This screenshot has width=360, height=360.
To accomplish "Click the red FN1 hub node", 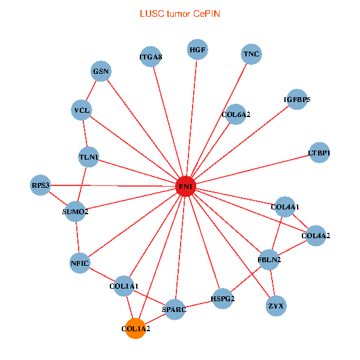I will pos(186,187).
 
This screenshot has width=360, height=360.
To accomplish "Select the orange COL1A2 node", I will pos(136,329).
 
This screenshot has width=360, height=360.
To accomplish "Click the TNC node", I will pos(251,55).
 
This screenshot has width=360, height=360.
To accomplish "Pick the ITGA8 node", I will pos(151,57).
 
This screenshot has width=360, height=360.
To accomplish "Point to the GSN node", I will pos(101,71).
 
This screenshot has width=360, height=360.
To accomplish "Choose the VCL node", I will pos(81,110).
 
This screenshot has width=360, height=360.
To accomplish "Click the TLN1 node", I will pos(89,158).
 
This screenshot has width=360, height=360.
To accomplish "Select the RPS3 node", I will pos(41,185).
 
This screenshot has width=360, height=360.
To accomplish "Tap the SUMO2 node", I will pos(76,211).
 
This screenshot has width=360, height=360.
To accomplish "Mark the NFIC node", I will pos(80,263).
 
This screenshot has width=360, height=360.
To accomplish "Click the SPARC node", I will pos(175,310).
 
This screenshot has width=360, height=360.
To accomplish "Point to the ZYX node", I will pos(275,306).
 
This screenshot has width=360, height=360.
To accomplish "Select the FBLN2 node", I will pos(269,260).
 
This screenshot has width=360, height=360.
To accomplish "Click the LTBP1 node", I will pos(319,153).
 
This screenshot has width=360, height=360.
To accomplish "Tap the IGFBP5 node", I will pos(297,100).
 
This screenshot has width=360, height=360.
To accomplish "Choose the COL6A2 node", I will pos(236,114).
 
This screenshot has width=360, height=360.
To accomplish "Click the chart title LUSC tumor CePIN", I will pos(179,13).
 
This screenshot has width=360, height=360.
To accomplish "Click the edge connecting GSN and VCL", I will pos(91,91).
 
